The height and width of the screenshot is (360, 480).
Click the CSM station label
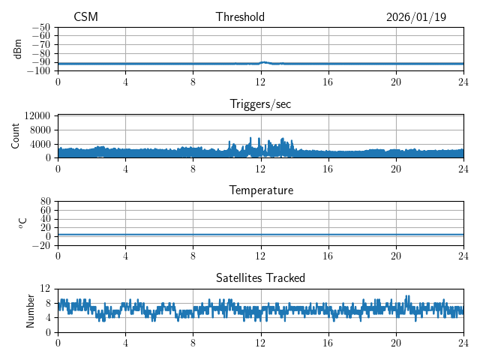coord(85,17)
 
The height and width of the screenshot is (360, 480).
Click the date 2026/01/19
coord(416,17)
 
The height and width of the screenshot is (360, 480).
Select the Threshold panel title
coord(240,17)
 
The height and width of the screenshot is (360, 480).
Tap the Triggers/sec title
coord(260,104)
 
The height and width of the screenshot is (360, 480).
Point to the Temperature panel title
coord(260,190)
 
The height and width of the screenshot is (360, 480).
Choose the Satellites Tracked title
coord(260,277)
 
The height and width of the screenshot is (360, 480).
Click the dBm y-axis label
coord(17,49)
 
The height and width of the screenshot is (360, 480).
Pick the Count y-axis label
coord(16,136)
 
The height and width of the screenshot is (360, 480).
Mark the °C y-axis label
coord(22,223)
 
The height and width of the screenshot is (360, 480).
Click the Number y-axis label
coord(31,310)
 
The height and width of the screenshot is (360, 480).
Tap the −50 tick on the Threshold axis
coord(40,28)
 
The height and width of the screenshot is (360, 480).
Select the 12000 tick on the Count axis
coord(37,115)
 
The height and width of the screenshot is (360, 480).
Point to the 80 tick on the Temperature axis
coord(45,202)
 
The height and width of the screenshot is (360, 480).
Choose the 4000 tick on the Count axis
coord(40,144)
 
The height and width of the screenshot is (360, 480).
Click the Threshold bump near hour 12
coord(264,62)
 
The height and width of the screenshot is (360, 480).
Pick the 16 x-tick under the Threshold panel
coord(328,82)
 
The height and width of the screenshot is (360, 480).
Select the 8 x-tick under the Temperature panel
coord(193,256)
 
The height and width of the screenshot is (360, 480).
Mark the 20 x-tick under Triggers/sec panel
coord(396,169)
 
